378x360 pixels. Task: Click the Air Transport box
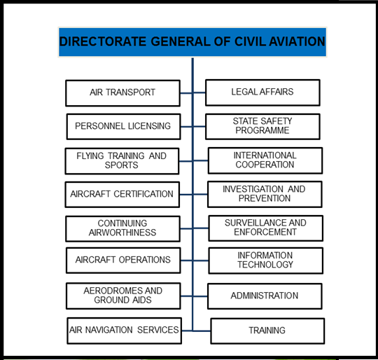click(x=122, y=93)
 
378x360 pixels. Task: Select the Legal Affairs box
click(x=262, y=92)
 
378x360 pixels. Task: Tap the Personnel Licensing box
click(x=123, y=127)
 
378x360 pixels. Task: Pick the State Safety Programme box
click(x=262, y=127)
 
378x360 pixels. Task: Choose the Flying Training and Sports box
click(x=122, y=161)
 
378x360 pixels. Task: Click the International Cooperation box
click(x=265, y=160)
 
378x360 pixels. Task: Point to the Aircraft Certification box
click(x=122, y=195)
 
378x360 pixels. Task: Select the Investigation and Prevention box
click(x=265, y=194)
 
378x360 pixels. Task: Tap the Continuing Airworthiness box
click(x=122, y=229)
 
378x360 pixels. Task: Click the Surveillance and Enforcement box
click(x=266, y=228)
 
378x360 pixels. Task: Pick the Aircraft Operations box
click(x=123, y=261)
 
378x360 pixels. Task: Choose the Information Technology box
click(x=266, y=261)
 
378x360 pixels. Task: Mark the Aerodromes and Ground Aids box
click(x=123, y=296)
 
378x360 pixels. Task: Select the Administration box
click(x=265, y=296)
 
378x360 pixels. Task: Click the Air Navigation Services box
click(x=124, y=331)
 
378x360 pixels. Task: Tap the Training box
click(x=267, y=331)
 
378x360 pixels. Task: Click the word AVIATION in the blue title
click(x=297, y=41)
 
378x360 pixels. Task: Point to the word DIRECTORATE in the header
click(x=103, y=41)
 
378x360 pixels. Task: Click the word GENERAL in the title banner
click(x=181, y=41)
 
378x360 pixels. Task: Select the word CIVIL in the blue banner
click(x=250, y=41)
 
